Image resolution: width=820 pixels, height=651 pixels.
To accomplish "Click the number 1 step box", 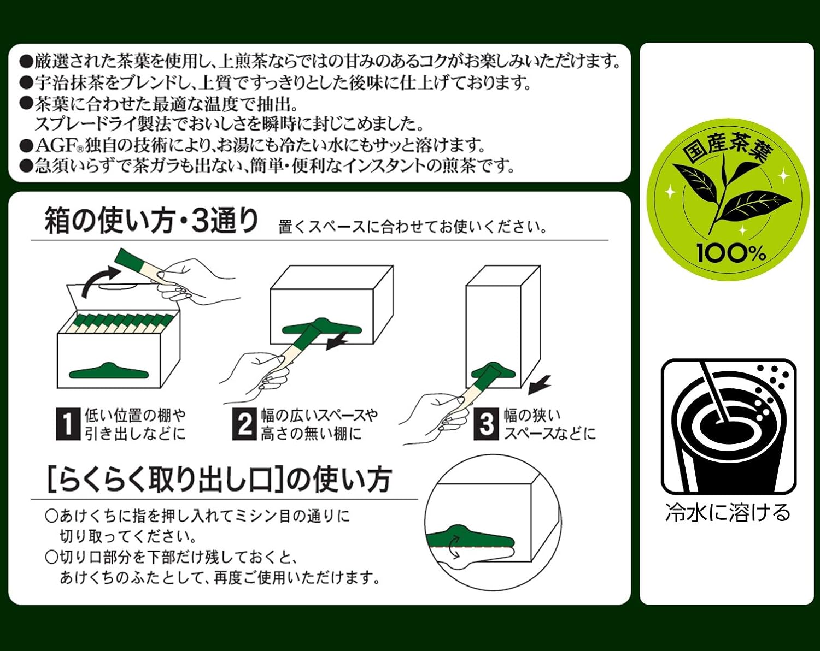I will pyautogui.click(x=67, y=424).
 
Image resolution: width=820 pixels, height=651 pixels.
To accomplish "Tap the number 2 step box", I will pyautogui.click(x=244, y=424).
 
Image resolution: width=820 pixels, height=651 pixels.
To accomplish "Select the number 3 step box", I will pyautogui.click(x=486, y=424).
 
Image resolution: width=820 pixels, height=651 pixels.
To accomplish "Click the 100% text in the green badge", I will pyautogui.click(x=730, y=253).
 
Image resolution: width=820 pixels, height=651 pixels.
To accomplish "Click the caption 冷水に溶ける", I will pyautogui.click(x=728, y=513).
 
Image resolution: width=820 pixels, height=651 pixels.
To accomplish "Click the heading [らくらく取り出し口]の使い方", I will pyautogui.click(x=219, y=479).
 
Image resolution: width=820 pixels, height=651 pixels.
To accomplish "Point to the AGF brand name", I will pyautogui.click(x=55, y=145).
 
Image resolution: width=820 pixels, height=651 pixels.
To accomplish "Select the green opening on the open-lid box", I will pyautogui.click(x=109, y=372).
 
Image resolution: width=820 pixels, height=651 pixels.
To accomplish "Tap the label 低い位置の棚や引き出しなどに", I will pyautogui.click(x=135, y=424).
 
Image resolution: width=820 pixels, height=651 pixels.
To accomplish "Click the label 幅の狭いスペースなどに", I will pyautogui.click(x=549, y=424).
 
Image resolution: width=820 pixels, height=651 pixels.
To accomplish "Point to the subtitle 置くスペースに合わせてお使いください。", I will pyautogui.click(x=413, y=227).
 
